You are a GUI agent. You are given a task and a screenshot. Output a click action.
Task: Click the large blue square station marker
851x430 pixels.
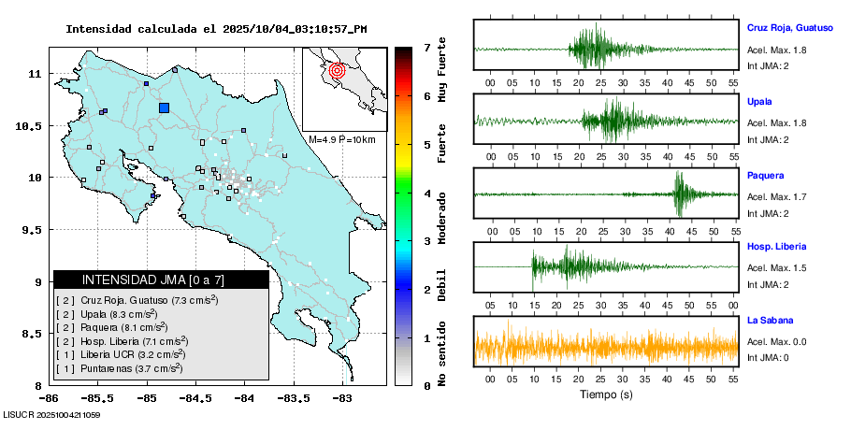[164, 107]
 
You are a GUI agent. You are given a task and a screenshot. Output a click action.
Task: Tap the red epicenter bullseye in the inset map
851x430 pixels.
[338, 69]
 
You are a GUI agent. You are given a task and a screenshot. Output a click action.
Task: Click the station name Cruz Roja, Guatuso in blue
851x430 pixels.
[789, 28]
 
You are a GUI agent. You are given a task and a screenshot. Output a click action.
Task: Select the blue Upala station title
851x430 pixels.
[759, 101]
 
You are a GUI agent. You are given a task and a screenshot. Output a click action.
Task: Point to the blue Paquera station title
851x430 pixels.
[765, 175]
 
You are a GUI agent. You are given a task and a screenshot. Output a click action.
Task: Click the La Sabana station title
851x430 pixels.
[770, 321]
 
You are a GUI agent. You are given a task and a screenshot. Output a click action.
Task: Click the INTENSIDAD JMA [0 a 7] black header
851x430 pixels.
[161, 279]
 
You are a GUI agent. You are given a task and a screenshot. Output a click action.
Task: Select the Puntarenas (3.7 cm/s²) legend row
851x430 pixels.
[120, 368]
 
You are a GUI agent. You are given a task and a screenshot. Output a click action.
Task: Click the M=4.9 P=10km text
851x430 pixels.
[342, 139]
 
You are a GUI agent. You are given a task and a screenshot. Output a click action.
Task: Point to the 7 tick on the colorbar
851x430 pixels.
[426, 47]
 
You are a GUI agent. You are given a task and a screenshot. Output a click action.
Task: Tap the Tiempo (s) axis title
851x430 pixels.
[604, 394]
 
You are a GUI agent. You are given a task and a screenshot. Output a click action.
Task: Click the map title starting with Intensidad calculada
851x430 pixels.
[216, 29]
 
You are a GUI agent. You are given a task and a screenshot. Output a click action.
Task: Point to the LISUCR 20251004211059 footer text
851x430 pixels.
[51, 413]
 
